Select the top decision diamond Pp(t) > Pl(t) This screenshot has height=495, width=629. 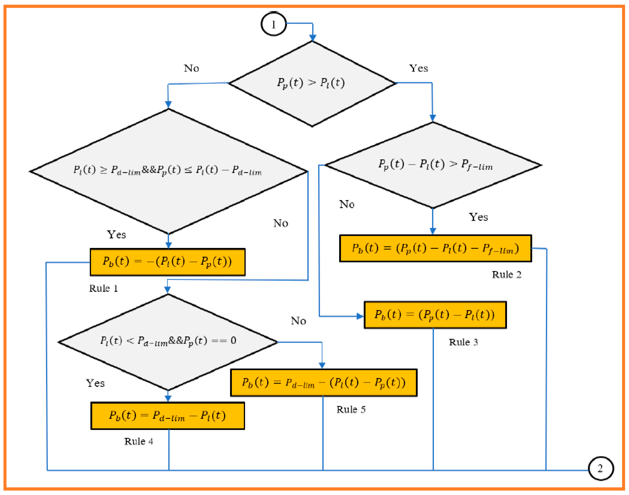[x=312, y=83]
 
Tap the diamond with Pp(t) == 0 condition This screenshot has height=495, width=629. [x=168, y=342]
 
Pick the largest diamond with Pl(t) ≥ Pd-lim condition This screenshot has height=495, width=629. [x=168, y=171]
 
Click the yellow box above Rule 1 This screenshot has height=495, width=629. [x=168, y=262]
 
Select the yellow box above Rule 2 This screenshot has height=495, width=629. [x=435, y=248]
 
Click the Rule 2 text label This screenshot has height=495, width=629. [x=506, y=274]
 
